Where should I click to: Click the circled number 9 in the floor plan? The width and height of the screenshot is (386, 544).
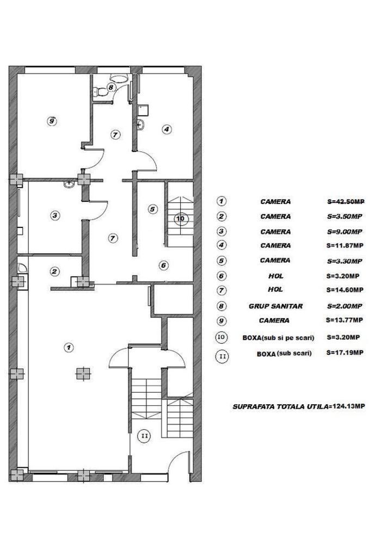[x=51, y=121]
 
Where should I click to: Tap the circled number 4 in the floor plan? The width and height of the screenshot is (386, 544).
[x=167, y=129]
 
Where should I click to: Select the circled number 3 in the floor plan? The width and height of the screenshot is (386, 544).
[x=54, y=215]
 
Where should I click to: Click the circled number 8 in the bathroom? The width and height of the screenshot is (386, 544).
[x=111, y=86]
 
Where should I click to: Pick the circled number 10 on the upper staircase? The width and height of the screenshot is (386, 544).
[x=181, y=218]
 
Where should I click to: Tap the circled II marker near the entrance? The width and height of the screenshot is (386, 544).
[x=144, y=435]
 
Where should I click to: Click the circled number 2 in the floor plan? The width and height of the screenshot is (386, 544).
[x=54, y=271]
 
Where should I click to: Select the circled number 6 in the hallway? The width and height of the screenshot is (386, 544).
[x=163, y=265]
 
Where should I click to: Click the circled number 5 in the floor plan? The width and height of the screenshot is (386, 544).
[x=152, y=208]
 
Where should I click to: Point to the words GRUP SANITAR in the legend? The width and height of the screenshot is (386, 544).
[x=275, y=306]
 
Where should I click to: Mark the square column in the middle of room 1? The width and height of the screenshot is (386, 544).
[x=82, y=373]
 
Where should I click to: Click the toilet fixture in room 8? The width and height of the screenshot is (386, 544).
[x=118, y=79]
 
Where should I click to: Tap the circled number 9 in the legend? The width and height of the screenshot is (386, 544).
[x=222, y=320]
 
